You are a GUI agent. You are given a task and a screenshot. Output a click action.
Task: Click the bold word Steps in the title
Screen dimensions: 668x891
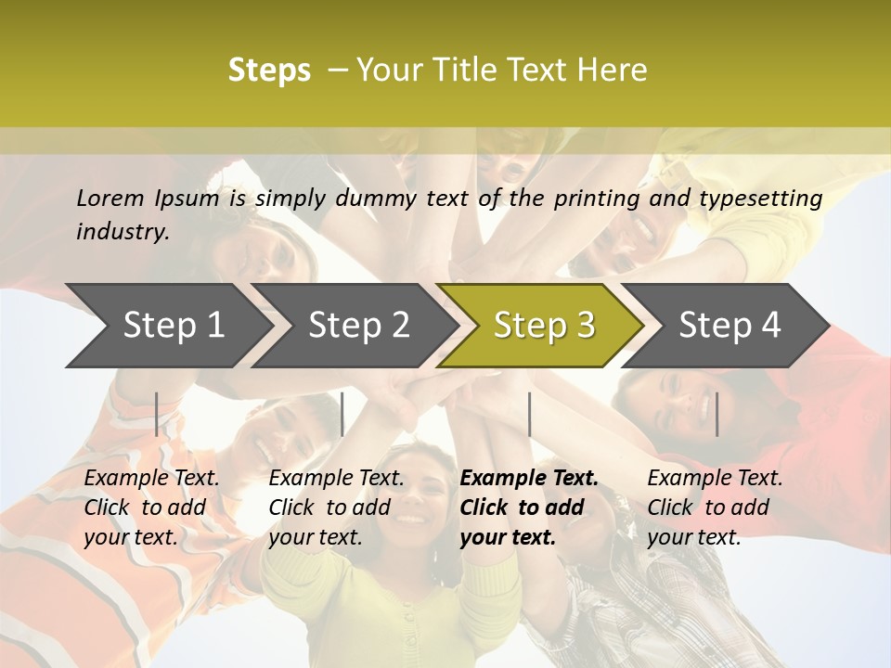coord(269,71)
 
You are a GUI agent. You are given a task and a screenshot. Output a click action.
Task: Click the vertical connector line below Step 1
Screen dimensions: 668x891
coord(157,414)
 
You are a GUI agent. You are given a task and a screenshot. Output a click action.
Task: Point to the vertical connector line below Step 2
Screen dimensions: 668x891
coord(342,414)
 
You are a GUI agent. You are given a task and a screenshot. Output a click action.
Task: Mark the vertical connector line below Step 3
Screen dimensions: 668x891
coord(529,414)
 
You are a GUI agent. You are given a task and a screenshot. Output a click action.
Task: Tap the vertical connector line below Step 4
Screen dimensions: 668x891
coord(717,414)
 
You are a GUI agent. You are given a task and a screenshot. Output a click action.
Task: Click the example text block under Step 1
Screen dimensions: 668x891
coord(151,507)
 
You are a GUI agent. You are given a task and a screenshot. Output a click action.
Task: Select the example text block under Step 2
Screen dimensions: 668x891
coord(336,507)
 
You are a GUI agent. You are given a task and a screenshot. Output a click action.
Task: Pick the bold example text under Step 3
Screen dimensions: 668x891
coord(529,507)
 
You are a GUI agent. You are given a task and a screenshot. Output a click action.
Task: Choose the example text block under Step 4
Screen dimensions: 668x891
coord(715,507)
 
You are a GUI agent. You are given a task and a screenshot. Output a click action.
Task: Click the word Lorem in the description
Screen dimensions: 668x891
coord(110,199)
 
